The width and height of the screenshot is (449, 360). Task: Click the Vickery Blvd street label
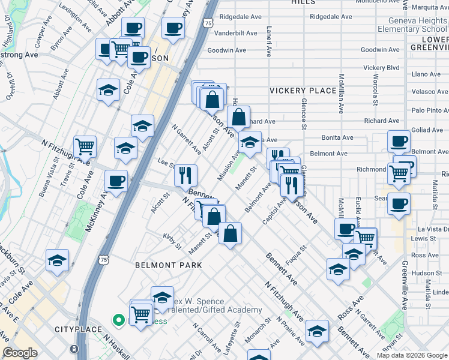tap(381, 68)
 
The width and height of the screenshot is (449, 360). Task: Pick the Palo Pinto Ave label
tap(430, 110)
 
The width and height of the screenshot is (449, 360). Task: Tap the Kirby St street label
tap(172, 242)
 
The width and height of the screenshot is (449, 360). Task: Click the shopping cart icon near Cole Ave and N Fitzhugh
tap(85, 146)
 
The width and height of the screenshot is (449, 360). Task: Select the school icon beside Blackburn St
tap(58, 260)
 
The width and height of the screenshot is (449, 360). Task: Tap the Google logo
tap(20, 353)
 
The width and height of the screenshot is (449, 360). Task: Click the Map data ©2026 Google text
tap(412, 355)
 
